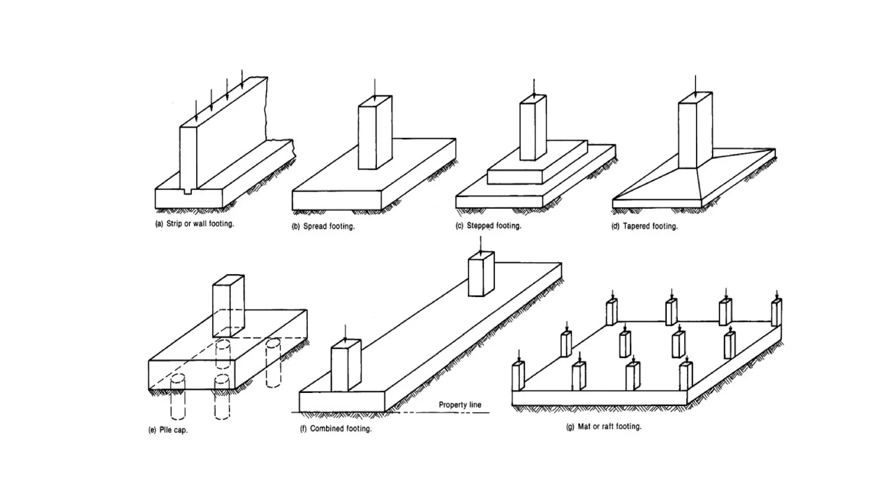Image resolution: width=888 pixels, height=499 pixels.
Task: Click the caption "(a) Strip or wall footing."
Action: pos(195,224)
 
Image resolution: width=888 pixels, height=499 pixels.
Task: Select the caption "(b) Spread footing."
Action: pos(323,226)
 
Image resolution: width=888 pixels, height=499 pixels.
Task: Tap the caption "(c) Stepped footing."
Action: pos(488,226)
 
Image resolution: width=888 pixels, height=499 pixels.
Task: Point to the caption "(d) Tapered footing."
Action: pos(644,226)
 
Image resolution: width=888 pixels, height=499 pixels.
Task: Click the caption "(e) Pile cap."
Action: pos(168,430)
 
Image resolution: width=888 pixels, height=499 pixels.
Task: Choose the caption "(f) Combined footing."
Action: pos(336,429)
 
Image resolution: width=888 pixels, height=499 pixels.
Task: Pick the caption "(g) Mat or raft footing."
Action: pos(604,427)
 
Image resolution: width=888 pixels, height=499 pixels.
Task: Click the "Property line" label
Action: pos(460,405)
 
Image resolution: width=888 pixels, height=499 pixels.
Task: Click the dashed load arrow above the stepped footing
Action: pos(534,89)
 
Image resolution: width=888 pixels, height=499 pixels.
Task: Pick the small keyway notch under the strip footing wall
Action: pos(187,191)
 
